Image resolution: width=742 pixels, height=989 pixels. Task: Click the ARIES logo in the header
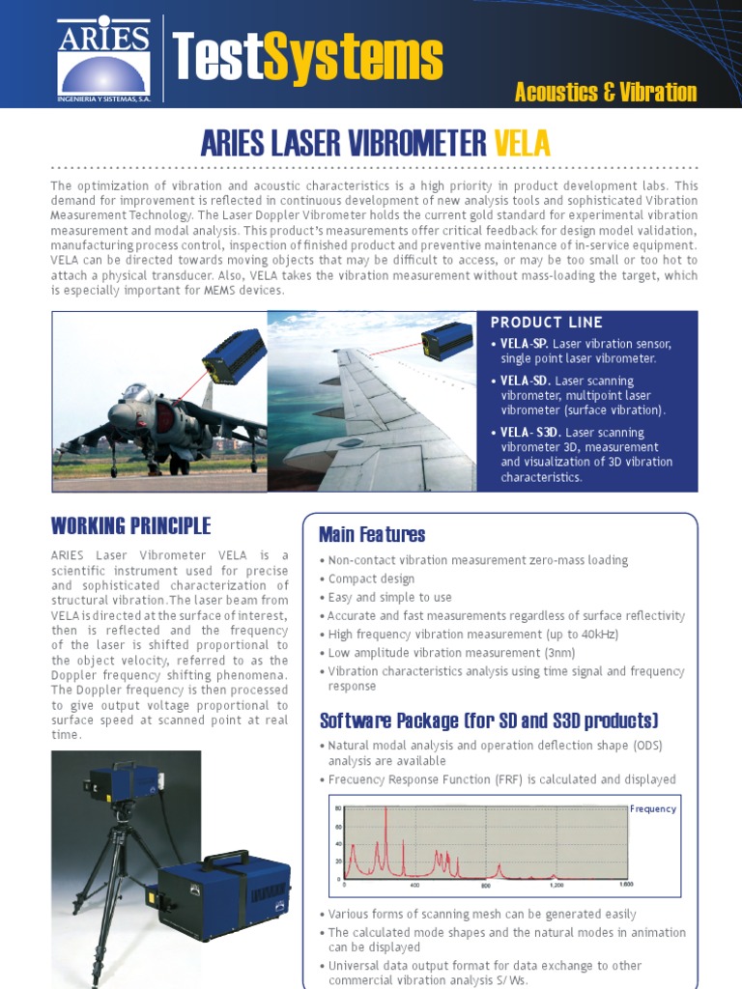103,57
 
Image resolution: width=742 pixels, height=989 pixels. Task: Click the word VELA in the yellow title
522,144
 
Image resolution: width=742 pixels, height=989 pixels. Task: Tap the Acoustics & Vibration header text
606,93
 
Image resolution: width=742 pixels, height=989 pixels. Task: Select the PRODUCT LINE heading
546,323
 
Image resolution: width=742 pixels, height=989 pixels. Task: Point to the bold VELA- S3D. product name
529,433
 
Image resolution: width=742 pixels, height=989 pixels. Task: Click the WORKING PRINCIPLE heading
129,526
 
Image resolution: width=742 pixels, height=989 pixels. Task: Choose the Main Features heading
371,535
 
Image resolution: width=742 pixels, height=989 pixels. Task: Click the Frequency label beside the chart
653,809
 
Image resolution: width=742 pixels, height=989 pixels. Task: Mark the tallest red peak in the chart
385,811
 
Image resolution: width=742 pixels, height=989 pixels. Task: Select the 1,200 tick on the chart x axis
556,885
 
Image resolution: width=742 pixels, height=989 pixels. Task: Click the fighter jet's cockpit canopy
135,394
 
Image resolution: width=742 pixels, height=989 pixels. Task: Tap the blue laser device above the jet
234,353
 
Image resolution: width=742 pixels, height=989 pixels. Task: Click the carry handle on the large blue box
224,858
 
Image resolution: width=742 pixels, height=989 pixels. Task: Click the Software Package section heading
488,721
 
